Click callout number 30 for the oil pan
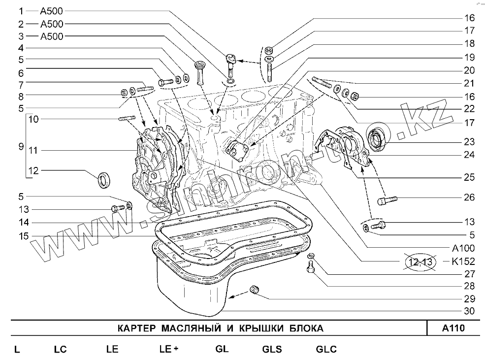469,311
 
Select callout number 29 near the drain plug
469,298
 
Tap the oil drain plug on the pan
255,291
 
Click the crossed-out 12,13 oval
420,262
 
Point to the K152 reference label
462,262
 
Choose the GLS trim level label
272,349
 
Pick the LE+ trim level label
168,349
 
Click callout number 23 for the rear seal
469,142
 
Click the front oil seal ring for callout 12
104,179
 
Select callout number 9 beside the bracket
21,146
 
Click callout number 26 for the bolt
469,197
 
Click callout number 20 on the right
469,70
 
